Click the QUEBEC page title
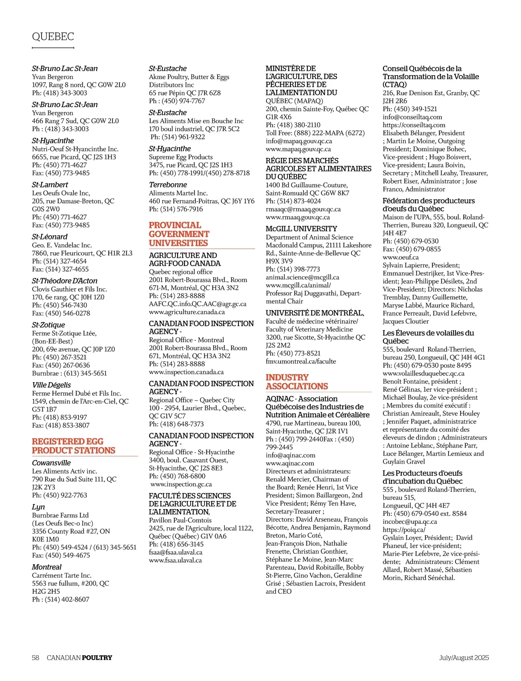53,36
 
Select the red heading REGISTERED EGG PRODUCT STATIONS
74,446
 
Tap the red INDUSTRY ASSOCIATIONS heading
297,382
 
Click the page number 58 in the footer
36,658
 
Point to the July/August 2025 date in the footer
464,658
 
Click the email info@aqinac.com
290,455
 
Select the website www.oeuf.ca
400,257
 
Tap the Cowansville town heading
51,463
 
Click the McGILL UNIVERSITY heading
301,229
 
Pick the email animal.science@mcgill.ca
303,277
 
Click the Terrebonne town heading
168,184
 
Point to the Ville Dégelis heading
51,385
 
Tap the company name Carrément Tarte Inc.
62,576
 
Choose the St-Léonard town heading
50,237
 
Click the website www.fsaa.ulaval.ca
175,560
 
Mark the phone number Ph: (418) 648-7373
176,424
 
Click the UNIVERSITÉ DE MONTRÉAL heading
315,313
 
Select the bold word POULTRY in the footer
97,658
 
